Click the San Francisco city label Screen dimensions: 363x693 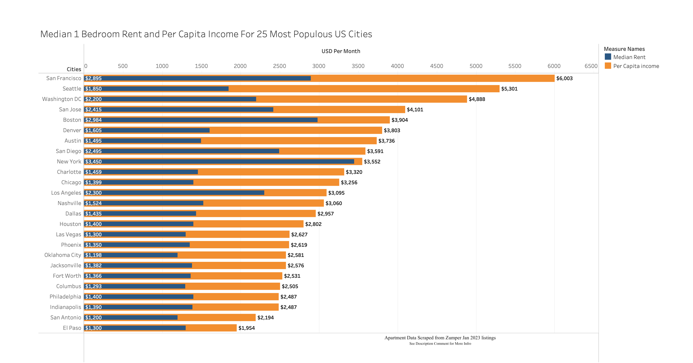tap(63, 78)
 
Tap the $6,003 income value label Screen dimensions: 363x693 tap(564, 78)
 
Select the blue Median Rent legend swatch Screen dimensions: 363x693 tap(608, 57)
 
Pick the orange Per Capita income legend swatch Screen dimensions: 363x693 tap(608, 66)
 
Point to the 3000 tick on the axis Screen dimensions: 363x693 tap(319, 66)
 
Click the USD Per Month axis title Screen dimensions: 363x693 tap(341, 51)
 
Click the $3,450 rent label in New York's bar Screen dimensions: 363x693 tap(93, 162)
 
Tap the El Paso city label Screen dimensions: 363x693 tap(72, 328)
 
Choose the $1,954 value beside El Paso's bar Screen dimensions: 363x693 tap(246, 328)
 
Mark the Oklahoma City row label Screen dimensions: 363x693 tap(63, 255)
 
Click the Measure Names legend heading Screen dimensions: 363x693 tap(624, 49)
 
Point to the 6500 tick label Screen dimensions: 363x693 tap(591, 66)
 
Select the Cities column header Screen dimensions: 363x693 tap(74, 69)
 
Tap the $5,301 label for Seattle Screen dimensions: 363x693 tap(509, 89)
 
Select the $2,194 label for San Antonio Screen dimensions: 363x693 tap(265, 317)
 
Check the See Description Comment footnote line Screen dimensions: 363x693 tap(440, 344)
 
